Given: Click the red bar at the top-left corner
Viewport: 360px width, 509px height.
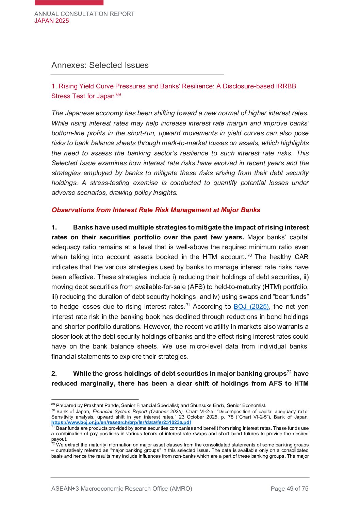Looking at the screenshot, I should [x=69, y=2].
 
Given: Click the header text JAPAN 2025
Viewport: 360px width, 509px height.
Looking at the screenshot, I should [x=52, y=21].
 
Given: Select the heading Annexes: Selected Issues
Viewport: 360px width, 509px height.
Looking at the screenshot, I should [x=100, y=65].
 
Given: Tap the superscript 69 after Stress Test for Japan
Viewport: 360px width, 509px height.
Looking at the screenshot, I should [x=118, y=95].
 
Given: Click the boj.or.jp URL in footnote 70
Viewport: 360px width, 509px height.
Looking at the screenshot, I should [x=121, y=422].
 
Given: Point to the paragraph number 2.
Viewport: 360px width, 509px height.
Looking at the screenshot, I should [x=54, y=374].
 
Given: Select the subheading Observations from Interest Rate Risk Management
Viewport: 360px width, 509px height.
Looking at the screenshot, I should [x=156, y=210].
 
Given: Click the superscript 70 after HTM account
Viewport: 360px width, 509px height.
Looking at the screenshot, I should [x=249, y=255].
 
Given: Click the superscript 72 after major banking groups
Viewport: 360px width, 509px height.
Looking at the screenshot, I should [x=289, y=372].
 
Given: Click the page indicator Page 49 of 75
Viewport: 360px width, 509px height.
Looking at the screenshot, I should [x=289, y=489].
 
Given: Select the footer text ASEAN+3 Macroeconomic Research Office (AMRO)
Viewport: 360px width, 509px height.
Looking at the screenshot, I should [x=122, y=489].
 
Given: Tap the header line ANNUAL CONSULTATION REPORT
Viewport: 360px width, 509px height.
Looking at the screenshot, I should [x=84, y=14].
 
